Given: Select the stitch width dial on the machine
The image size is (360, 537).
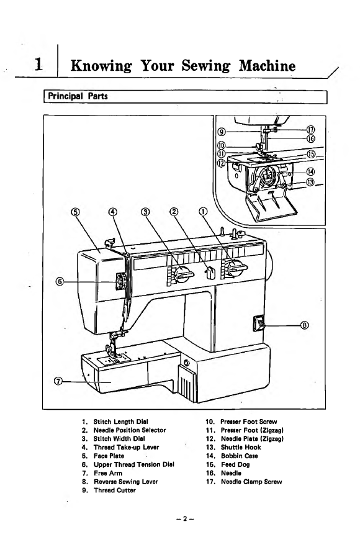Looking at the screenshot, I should (x=181, y=273).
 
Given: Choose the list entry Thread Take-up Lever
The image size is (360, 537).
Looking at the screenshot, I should (x=120, y=447).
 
